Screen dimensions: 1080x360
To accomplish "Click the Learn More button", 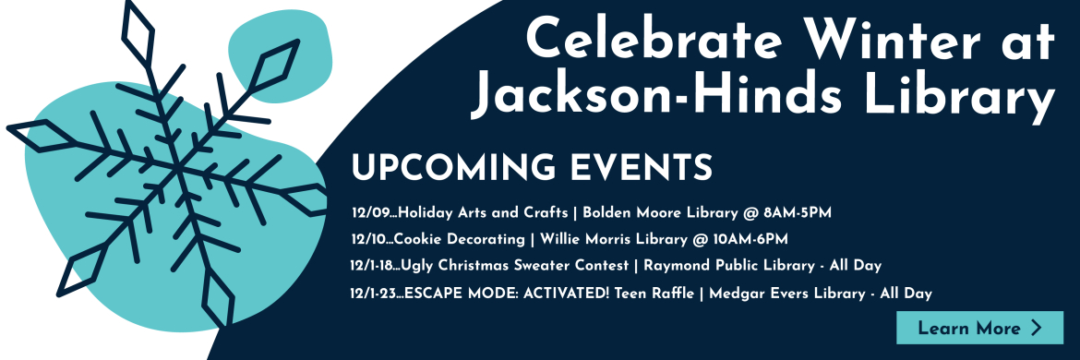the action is point(979,328).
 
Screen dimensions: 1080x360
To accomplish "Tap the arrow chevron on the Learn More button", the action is point(1036,328).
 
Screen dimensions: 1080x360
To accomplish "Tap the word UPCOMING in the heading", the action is point(450,167).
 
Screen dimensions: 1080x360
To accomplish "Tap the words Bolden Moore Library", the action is point(660,213).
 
